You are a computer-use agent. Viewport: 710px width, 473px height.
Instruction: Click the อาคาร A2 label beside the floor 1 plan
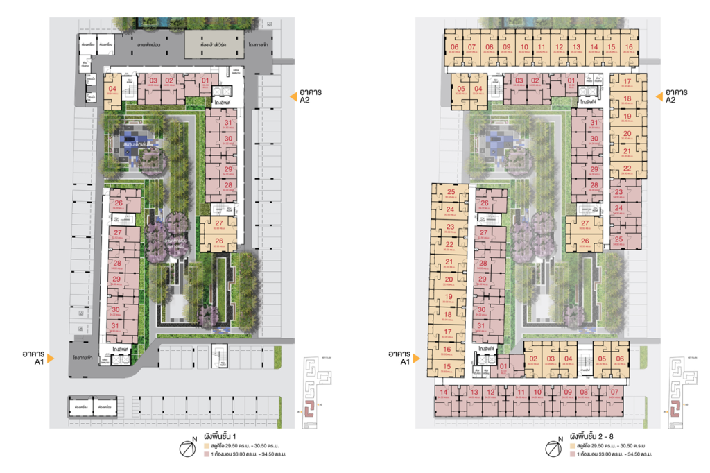(309, 95)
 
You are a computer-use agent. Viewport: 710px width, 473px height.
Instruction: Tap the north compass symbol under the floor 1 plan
(187, 449)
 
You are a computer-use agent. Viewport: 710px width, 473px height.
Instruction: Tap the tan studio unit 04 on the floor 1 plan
(112, 89)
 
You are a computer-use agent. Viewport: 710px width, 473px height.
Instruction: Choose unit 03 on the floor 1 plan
(152, 81)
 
